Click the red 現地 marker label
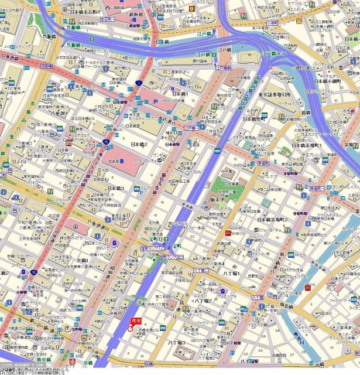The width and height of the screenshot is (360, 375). (136, 321)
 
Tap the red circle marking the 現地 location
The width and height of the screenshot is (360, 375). (130, 329)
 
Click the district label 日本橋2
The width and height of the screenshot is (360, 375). (138, 144)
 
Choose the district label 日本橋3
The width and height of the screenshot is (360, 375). (115, 188)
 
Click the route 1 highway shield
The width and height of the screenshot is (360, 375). (139, 83)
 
